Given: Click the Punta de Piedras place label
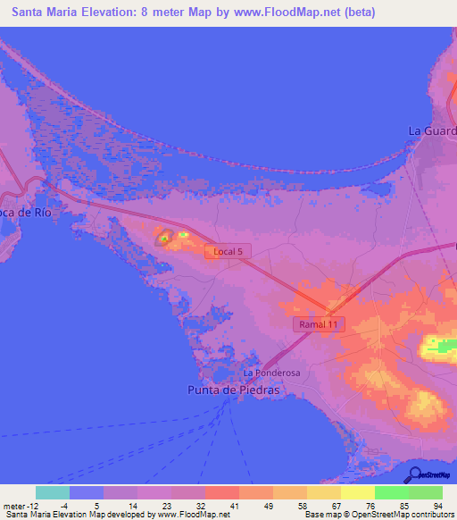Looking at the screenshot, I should point(233,390).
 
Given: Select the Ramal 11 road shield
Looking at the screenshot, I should point(319,325).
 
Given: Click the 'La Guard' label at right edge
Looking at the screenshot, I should point(432,130).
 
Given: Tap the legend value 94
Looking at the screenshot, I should point(437,505).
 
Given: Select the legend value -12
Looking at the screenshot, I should point(36,505).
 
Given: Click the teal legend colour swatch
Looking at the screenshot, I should point(53,492).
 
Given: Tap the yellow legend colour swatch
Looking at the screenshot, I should point(357,492).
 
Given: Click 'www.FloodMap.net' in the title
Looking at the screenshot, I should point(277,13).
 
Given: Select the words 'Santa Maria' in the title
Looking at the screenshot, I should point(40,13).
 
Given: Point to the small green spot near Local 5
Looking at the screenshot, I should point(164,239).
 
